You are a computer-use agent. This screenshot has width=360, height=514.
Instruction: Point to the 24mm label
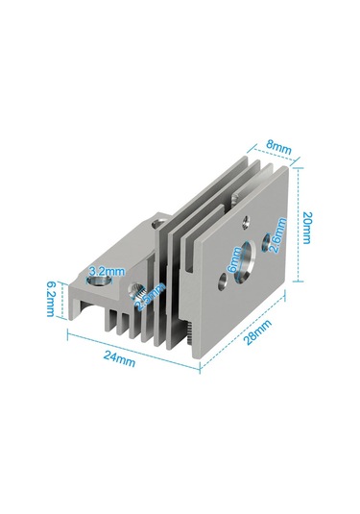click(x=119, y=361)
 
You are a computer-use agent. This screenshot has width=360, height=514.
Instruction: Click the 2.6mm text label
click(x=276, y=235)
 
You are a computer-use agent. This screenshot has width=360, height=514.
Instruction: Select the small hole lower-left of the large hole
click(x=223, y=282)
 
